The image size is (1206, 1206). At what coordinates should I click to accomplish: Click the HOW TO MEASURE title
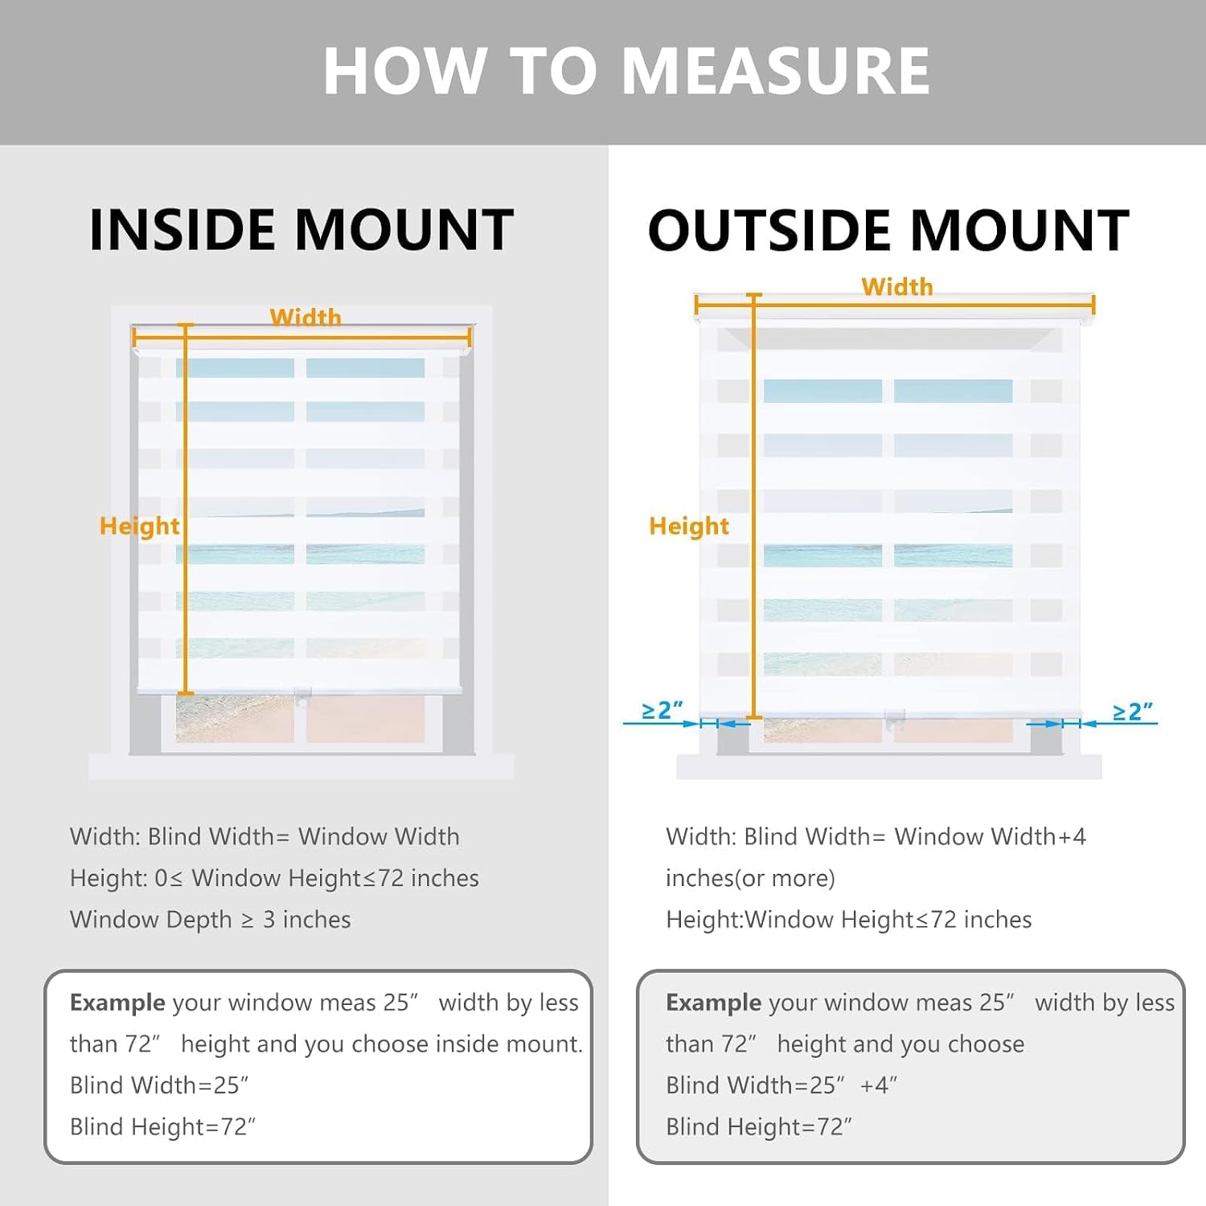626,71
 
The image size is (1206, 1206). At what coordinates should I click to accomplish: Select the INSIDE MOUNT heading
301,230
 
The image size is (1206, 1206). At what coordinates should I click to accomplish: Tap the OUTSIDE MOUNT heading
888,230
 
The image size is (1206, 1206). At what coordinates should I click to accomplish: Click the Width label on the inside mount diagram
306,317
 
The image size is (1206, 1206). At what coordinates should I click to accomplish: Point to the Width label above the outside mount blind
897,286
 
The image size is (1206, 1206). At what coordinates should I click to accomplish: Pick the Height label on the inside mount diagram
139,526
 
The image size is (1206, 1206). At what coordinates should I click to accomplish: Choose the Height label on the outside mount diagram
689,526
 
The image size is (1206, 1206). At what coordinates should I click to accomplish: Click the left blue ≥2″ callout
662,710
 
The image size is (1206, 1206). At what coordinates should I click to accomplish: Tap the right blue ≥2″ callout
1132,712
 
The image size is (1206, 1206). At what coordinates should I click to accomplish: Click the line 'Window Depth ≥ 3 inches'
211,919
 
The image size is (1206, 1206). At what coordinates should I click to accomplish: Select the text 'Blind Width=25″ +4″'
781,1085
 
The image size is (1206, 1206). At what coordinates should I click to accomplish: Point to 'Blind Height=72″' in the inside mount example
162,1126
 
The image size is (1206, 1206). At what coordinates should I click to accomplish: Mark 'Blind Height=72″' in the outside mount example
759,1126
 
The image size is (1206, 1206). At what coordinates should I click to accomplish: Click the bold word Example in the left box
117,1003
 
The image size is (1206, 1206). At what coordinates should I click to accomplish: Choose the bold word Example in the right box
714,1003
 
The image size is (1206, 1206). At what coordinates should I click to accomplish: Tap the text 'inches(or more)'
750,878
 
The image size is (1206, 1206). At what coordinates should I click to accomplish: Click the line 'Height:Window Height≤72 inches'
849,919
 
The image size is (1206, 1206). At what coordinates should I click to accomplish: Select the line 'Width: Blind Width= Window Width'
265,836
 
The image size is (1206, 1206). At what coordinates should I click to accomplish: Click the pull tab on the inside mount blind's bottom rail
302,697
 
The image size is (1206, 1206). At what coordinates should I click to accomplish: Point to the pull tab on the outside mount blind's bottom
895,720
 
